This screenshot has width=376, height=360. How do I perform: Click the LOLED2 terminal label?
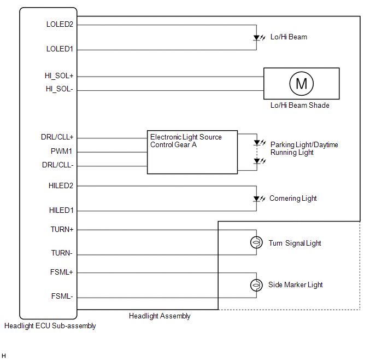60,25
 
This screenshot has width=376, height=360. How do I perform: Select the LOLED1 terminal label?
60,49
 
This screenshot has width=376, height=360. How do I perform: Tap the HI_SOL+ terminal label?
59,76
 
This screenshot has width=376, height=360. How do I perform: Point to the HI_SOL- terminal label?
60,89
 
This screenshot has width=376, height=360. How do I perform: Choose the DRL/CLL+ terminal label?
57,137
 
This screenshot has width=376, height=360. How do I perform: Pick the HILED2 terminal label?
61,185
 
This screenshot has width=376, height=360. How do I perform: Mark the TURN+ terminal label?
62,230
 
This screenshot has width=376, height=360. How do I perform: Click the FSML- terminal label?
62,297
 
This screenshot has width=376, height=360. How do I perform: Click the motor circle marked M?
301,84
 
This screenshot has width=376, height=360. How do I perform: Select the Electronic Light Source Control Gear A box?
192,152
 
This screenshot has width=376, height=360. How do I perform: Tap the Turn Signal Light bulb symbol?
255,243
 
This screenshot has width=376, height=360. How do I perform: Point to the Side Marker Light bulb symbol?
255,285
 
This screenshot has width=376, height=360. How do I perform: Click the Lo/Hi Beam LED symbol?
256,38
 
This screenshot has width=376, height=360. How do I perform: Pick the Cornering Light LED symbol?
256,199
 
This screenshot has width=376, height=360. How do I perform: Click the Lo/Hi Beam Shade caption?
300,105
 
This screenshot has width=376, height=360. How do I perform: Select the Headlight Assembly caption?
160,316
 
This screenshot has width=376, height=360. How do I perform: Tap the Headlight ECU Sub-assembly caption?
50,326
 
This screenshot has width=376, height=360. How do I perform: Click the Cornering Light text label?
293,198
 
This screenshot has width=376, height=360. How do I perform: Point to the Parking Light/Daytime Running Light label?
304,148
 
